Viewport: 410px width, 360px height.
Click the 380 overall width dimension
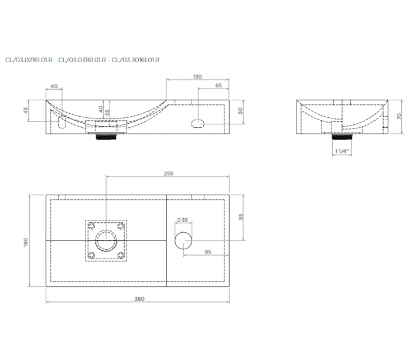coord(139,299)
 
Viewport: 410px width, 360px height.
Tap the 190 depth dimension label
coord(26,242)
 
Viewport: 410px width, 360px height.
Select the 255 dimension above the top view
coord(169,174)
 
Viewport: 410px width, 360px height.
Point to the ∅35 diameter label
coord(183,220)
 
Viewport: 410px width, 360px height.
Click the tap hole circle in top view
coord(183,240)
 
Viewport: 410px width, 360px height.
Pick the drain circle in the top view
coord(106,240)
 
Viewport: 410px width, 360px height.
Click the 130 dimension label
coord(197,77)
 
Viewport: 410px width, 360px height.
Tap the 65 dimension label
coord(218,86)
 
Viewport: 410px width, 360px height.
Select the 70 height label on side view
coord(399,116)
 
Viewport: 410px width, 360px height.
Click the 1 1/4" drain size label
coord(341,151)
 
